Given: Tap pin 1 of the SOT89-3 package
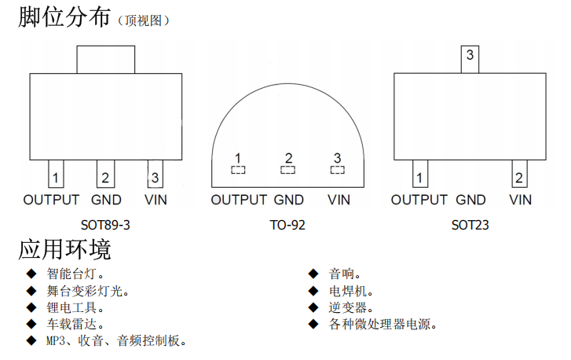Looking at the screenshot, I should [57, 175].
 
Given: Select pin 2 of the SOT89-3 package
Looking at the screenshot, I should [105, 175].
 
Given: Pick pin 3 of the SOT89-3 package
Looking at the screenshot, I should [155, 175].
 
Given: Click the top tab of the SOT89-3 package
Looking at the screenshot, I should [105, 59].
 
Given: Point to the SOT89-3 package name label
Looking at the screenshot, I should [105, 225].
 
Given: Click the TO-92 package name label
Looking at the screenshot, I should [287, 225].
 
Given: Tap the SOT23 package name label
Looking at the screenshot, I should [470, 225].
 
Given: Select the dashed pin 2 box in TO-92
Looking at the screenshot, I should [288, 169].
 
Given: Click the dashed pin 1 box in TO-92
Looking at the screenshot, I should [237, 169].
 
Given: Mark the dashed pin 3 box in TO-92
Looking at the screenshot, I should [338, 169].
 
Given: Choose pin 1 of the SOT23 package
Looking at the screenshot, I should [421, 175].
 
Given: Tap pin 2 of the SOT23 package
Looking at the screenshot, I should [518, 175].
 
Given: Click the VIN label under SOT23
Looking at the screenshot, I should [520, 200].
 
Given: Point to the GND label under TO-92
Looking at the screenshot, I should [289, 200].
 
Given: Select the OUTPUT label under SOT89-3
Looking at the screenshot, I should [51, 200].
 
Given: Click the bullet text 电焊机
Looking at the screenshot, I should [345, 291].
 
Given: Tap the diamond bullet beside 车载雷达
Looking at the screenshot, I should [31, 323].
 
